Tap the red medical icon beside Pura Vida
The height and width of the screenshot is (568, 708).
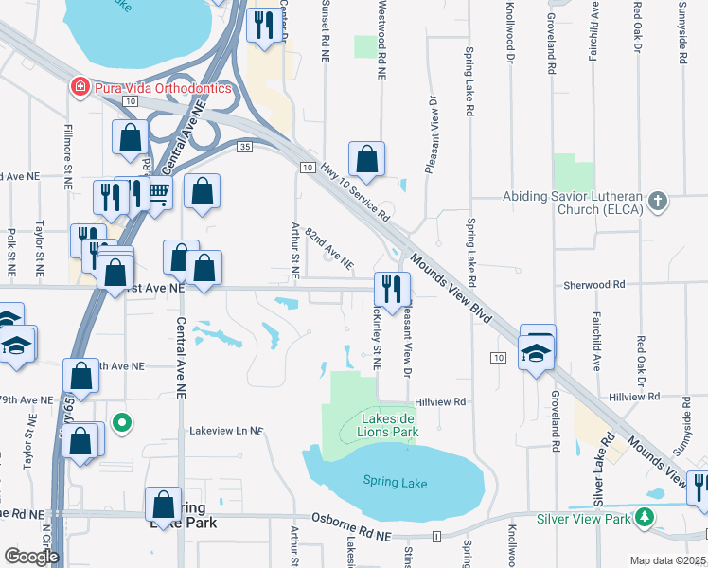tap(81, 87)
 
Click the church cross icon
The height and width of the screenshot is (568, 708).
tap(659, 201)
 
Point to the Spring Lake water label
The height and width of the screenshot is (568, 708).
tap(395, 483)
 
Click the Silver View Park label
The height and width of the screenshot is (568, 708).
tap(582, 518)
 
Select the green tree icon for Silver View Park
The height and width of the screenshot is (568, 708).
tap(644, 518)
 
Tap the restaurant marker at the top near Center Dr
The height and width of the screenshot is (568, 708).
tap(263, 25)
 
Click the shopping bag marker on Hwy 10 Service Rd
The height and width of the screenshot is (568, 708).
tap(366, 159)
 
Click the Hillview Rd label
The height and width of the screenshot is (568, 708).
tap(448, 401)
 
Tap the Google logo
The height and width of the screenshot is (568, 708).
tap(30, 556)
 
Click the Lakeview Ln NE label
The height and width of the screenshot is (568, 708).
tap(225, 431)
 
